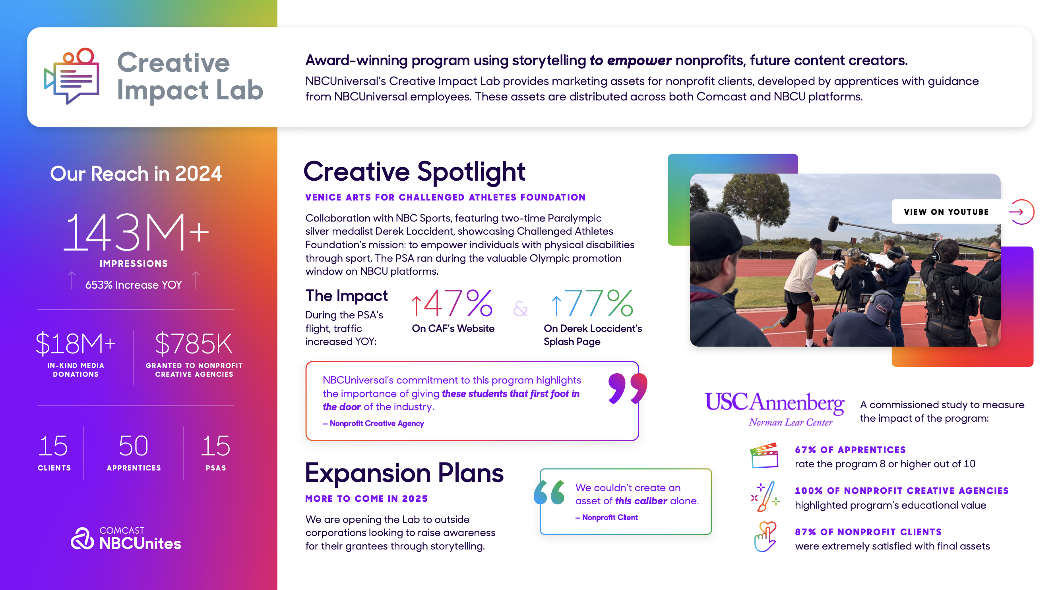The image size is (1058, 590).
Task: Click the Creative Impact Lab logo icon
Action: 72,76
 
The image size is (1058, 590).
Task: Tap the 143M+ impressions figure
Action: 136,232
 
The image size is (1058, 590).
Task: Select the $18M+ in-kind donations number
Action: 76,343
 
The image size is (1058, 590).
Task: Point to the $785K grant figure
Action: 194,343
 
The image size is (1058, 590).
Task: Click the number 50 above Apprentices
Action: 134,445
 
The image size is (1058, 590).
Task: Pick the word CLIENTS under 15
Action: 54,468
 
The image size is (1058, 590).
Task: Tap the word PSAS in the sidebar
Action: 216,468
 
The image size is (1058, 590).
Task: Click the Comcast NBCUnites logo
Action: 126,538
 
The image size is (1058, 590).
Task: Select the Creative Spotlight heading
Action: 415,172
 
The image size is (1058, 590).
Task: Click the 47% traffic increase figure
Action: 452,303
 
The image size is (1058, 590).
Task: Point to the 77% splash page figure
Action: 592,303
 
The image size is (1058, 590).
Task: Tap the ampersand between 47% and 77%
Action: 520,308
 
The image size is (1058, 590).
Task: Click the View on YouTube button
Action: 946,212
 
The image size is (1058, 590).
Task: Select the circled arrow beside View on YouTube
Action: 1021,212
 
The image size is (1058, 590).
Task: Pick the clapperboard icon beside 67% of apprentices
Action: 764,455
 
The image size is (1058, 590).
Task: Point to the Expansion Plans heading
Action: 404,473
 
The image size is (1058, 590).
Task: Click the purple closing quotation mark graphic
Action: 628,388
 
